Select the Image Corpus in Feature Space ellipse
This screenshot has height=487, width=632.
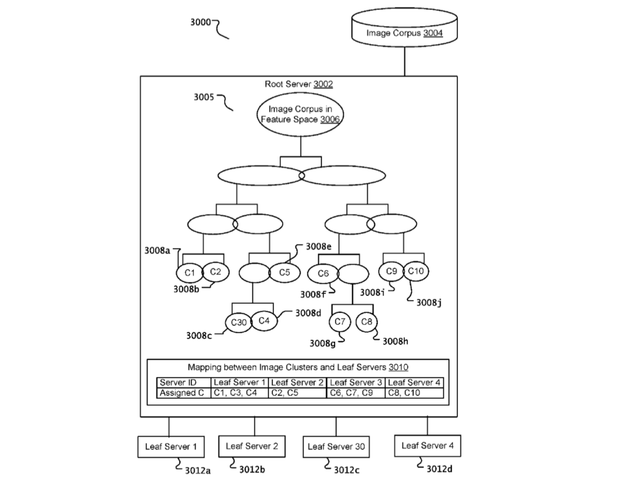point(300,115)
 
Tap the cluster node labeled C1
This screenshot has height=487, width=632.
point(189,272)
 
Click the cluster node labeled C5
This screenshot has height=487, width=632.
point(284,272)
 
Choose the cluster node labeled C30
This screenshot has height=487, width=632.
point(238,323)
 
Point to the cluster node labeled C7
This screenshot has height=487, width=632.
point(339,322)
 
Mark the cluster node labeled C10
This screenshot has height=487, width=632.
point(416,270)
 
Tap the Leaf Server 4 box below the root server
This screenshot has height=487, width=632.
point(427,445)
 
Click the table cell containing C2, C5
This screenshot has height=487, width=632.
point(297,393)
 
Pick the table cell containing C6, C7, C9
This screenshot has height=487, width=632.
point(355,393)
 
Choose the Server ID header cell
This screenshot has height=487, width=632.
point(183,383)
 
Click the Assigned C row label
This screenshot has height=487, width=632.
point(183,393)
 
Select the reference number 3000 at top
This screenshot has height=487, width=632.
point(200,22)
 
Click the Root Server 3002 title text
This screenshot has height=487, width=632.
point(298,84)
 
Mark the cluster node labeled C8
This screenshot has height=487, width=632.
point(367,322)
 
